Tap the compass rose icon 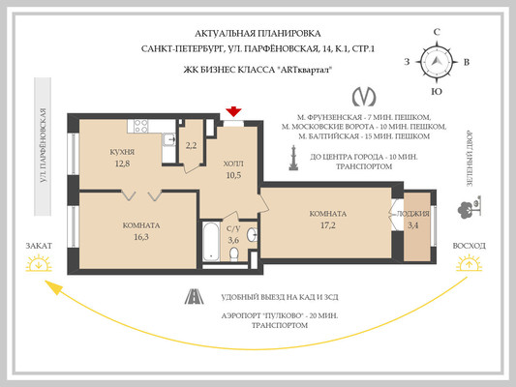click(438, 62)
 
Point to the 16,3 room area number click(141, 235)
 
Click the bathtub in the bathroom click(209, 241)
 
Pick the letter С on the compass click(438, 32)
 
